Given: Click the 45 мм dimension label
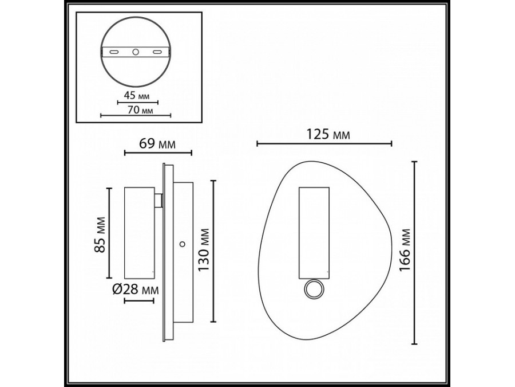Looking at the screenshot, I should coord(137,96).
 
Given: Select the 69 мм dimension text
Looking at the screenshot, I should coord(157,144).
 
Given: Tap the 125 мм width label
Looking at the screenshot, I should coord(324,135).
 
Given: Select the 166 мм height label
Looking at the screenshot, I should coord(405,252).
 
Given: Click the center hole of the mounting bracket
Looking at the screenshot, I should coord(136,52).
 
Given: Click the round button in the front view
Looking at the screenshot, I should coord(313,290).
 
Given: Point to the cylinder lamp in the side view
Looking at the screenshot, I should coord(138,232).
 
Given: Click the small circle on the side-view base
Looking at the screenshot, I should coord(181,245).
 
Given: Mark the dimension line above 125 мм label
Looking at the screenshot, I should coord(324,143).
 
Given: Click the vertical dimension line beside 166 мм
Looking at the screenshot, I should coord(415,252).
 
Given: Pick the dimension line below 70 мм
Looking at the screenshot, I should coord(137,115).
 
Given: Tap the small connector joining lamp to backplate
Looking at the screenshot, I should coord(159,201).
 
